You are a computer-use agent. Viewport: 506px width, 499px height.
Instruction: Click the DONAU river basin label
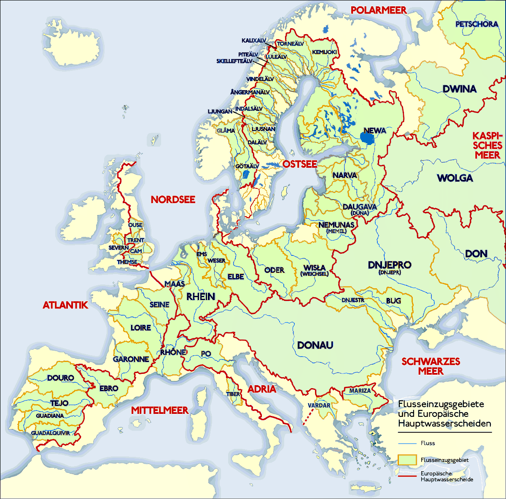[315, 345]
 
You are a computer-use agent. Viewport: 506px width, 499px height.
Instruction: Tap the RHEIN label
[201, 296]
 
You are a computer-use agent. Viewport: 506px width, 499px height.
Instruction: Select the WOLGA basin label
[455, 178]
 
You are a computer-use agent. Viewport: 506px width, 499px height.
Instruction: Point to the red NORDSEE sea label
[173, 199]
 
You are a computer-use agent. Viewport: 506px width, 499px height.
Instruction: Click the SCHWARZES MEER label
[431, 366]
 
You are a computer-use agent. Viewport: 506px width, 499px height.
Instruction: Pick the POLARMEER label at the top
[379, 10]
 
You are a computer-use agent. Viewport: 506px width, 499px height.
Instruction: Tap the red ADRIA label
[262, 389]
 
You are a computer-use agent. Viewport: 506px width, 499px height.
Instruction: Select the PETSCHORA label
[476, 24]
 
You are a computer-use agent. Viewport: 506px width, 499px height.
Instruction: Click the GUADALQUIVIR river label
[50, 433]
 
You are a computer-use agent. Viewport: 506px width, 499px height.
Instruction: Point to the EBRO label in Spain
[108, 388]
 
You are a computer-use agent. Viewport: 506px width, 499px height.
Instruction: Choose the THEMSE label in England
[127, 262]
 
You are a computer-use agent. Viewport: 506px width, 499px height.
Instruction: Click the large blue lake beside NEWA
[367, 138]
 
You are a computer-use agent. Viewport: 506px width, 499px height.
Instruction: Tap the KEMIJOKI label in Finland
[324, 52]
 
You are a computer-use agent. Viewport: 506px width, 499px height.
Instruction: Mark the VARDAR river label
[319, 405]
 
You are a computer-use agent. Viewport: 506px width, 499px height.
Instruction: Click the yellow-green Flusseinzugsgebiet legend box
[407, 460]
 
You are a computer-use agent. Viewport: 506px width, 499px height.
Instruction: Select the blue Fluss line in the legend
[407, 443]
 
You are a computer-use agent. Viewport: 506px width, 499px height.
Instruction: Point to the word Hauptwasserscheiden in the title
[444, 423]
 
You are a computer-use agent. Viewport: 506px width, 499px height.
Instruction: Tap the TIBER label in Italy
[233, 394]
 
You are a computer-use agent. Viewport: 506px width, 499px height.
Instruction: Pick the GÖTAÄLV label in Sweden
[247, 166]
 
